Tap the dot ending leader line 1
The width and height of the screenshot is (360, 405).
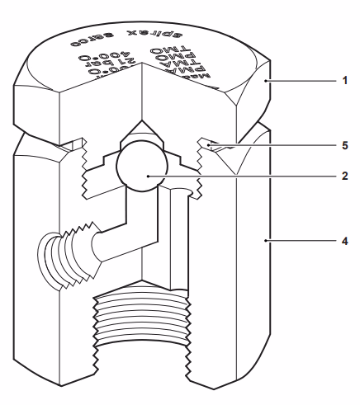(265, 82)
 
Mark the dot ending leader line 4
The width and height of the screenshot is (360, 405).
(265, 240)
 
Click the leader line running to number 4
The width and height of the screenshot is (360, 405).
(301, 240)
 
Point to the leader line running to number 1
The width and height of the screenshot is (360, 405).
(301, 82)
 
